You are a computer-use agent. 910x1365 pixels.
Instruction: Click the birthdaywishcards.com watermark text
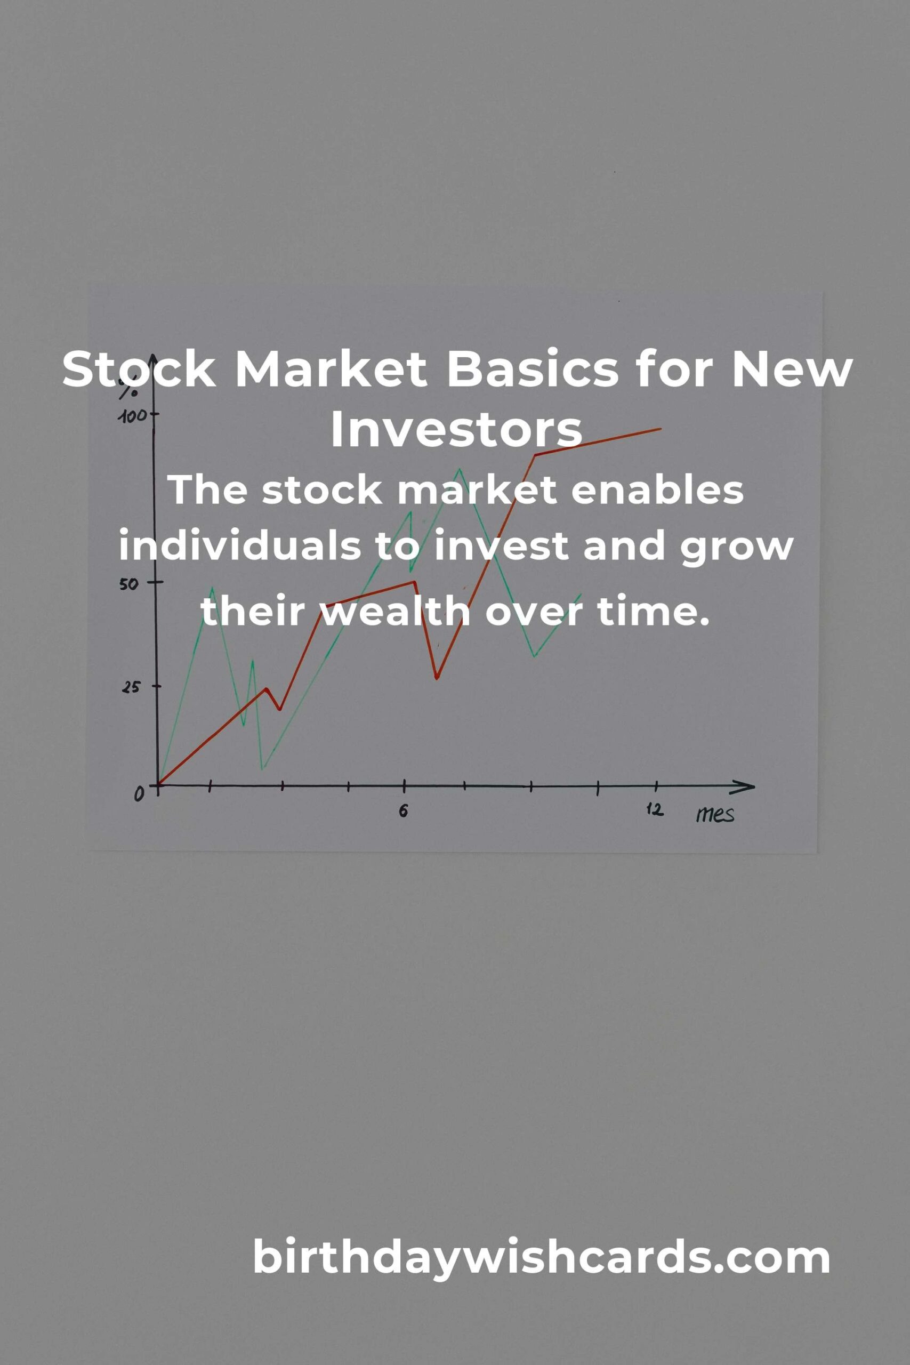pos(541,1257)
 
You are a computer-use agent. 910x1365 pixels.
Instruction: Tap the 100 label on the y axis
pos(131,416)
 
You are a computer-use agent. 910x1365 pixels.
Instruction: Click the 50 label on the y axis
pos(130,583)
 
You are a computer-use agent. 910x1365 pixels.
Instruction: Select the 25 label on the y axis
pos(131,687)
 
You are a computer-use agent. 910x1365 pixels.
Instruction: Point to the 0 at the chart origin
pos(139,793)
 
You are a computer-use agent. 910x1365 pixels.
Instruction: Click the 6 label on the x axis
pos(404,811)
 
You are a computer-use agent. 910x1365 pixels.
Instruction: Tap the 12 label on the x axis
pos(655,809)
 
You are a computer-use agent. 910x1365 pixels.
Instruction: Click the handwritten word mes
pos(715,815)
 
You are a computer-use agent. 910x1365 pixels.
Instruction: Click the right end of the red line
pos(661,429)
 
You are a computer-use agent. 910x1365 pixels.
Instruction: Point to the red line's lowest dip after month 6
pos(437,677)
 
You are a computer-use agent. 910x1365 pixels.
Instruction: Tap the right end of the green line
pos(581,593)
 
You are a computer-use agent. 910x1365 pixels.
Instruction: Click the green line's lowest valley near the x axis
pos(263,769)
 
